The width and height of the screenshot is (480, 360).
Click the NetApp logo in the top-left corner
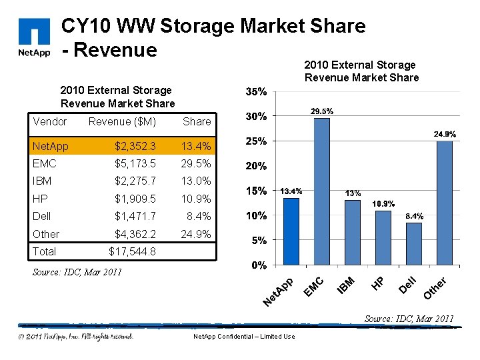pyautogui.click(x=34, y=39)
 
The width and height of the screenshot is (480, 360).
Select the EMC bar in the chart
pyautogui.click(x=321, y=191)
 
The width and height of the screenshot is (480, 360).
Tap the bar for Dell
pyautogui.click(x=413, y=243)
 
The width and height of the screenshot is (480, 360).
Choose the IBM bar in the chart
pyautogui.click(x=352, y=232)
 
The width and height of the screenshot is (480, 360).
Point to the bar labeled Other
pyautogui.click(x=444, y=203)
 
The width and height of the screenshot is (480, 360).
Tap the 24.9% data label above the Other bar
pyautogui.click(x=445, y=134)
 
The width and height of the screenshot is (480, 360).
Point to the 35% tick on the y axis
pyautogui.click(x=257, y=91)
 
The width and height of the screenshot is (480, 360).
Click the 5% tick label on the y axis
pyautogui.click(x=259, y=240)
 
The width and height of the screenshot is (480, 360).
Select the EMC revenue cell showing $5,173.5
pyautogui.click(x=135, y=163)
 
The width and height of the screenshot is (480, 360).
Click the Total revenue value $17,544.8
pyautogui.click(x=132, y=251)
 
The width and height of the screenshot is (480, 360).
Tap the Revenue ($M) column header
pyautogui.click(x=122, y=121)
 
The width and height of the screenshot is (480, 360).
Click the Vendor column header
pyautogui.click(x=49, y=121)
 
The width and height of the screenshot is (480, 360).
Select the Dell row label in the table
pyautogui.click(x=41, y=216)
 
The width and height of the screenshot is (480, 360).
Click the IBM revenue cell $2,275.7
pyautogui.click(x=135, y=181)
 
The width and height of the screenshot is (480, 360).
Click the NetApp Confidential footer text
pyautogui.click(x=243, y=337)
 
